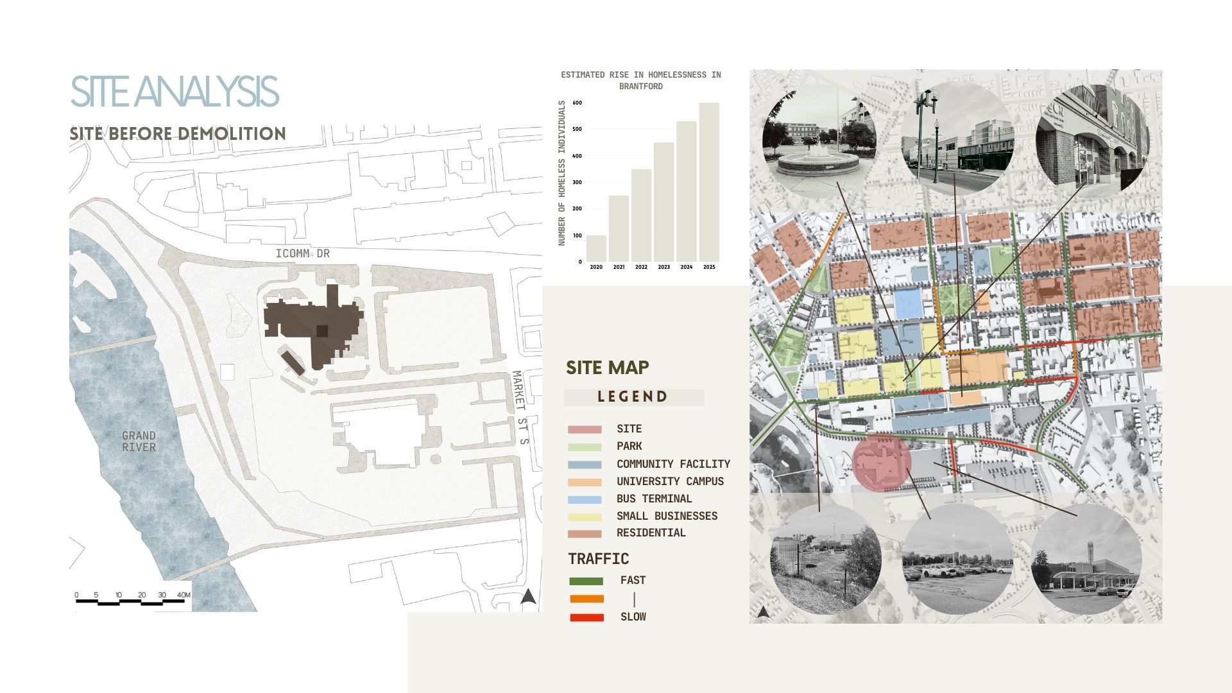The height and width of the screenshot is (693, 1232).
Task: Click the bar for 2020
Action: tap(596, 248)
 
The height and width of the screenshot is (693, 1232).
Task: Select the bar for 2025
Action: tap(709, 182)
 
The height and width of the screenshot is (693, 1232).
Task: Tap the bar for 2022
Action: tap(641, 215)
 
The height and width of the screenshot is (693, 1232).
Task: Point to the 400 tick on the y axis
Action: tap(577, 156)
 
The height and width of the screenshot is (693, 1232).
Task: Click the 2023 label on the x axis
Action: tap(663, 267)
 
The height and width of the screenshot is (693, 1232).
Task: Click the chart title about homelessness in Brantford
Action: tap(640, 80)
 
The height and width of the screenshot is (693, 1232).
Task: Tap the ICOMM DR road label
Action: tap(302, 253)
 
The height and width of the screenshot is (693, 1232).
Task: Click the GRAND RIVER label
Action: tap(139, 441)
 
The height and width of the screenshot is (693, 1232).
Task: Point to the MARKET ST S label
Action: tap(520, 408)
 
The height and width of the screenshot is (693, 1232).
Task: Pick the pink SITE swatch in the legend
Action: tap(585, 429)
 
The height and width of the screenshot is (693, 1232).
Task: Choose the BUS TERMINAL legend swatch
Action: tap(585, 499)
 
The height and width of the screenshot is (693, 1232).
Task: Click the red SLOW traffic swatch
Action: tap(586, 617)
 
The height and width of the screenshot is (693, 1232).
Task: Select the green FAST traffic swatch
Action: tap(586, 581)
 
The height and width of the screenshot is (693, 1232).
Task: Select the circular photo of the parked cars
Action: tap(957, 558)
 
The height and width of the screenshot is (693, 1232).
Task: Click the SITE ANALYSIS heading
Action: tap(174, 92)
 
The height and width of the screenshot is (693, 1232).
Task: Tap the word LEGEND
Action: tap(633, 397)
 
